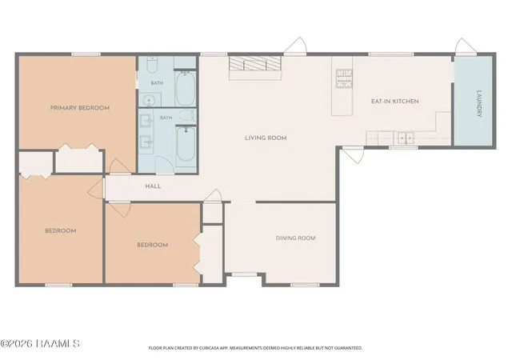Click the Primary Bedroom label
click(x=80, y=108)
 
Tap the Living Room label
click(x=266, y=138)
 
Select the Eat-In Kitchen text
click(x=394, y=102)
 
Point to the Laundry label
click(x=479, y=103)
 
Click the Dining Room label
click(x=295, y=238)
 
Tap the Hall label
click(x=153, y=186)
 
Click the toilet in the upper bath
click(x=152, y=64)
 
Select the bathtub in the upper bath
click(x=186, y=88)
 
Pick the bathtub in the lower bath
click(x=186, y=144)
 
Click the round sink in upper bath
click(x=150, y=99)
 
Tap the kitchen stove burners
click(x=344, y=78)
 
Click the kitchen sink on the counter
click(x=406, y=138)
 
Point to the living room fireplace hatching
click(x=254, y=63)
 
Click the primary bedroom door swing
click(x=119, y=166)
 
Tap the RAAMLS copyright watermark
click(x=40, y=344)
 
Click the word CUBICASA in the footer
click(x=206, y=348)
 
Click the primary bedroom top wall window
click(x=86, y=54)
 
